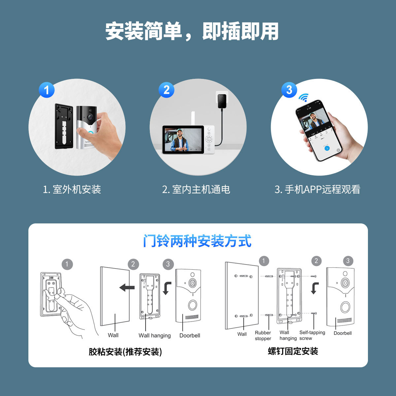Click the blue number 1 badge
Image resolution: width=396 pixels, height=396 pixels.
pyautogui.click(x=47, y=90)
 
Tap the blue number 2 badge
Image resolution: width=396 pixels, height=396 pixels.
pyautogui.click(x=166, y=90)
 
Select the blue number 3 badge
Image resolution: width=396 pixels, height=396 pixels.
pyautogui.click(x=289, y=90)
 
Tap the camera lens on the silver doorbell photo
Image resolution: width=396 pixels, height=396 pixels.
pyautogui.click(x=90, y=117)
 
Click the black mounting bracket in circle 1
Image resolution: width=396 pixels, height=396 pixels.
pyautogui.click(x=64, y=127)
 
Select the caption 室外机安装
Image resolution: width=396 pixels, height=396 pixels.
pyautogui.click(x=72, y=189)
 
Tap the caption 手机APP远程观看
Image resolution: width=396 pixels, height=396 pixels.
pyautogui.click(x=317, y=189)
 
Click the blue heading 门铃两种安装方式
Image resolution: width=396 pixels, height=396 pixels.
pyautogui.click(x=197, y=241)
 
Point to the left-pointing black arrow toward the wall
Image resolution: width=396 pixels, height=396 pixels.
pyautogui.click(x=127, y=287)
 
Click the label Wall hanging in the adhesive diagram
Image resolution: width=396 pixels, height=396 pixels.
pyautogui.click(x=154, y=336)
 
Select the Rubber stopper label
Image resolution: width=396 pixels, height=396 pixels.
pyautogui.click(x=263, y=336)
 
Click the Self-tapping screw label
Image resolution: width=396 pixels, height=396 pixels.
pyautogui.click(x=312, y=335)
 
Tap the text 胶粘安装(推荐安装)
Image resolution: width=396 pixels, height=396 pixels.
pyautogui.click(x=125, y=352)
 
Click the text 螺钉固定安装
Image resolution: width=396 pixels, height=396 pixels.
pyautogui.click(x=293, y=351)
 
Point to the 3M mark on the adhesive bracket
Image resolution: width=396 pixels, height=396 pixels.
pyautogui.click(x=51, y=278)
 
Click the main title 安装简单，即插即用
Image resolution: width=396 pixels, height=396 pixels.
pyautogui.click(x=192, y=32)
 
